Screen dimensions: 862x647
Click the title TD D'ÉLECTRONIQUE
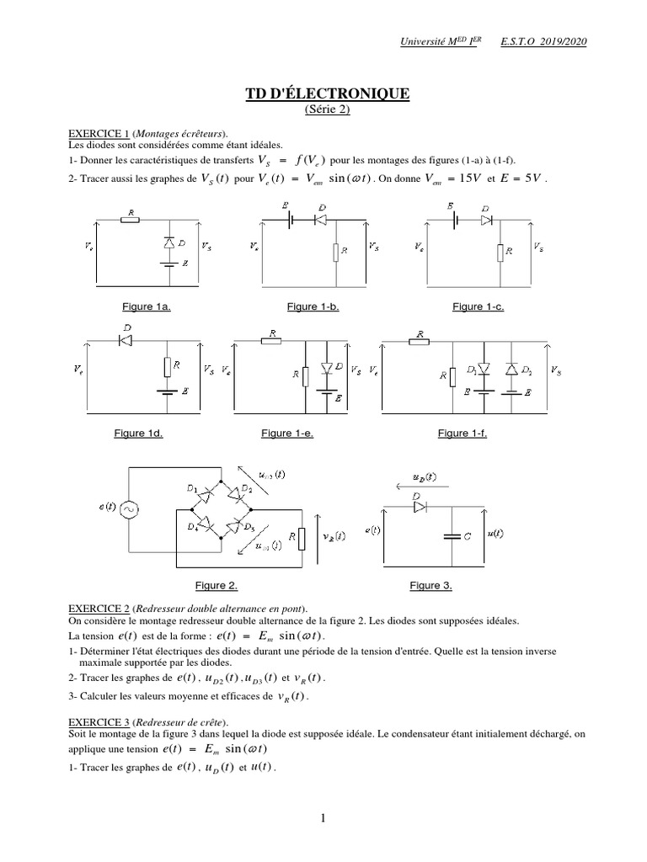click(323, 93)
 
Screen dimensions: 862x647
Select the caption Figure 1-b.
click(313, 307)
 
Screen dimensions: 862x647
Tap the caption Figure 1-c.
click(478, 307)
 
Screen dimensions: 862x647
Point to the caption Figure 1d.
click(138, 433)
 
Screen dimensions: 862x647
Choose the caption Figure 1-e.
click(287, 433)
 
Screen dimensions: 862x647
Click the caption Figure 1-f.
click(463, 433)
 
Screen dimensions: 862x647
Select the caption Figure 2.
click(217, 584)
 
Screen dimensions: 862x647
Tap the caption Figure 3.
click(431, 584)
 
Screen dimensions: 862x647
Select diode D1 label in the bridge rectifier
click(193, 488)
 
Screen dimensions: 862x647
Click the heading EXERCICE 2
click(99, 608)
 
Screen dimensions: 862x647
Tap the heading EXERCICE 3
click(99, 721)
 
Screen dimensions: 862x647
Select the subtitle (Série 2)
click(323, 109)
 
